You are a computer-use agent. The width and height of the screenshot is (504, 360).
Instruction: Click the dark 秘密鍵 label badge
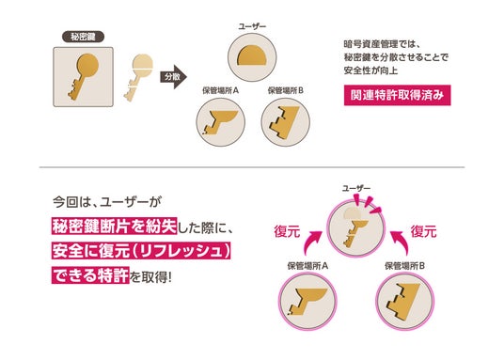point(84,37)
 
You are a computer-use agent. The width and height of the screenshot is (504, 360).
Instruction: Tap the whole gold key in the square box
point(83,76)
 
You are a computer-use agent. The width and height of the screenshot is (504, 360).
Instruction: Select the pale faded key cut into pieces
point(138,77)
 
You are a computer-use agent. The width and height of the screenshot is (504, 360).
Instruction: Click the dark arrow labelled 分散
point(174,77)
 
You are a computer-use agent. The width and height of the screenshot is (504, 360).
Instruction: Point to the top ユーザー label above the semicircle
point(252,26)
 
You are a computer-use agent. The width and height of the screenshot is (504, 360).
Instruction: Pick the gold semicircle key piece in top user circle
point(252,55)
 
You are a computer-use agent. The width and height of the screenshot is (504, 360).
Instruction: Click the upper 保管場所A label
point(220,90)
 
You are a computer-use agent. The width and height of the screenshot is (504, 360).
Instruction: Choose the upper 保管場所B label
point(286,90)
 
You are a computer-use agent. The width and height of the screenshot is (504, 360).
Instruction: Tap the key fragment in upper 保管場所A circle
point(220,121)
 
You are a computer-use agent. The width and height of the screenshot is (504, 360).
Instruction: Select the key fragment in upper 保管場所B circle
point(284,121)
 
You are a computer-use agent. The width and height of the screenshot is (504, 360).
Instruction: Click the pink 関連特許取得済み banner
point(398,95)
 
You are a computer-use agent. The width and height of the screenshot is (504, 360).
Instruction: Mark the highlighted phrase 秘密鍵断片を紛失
point(115,227)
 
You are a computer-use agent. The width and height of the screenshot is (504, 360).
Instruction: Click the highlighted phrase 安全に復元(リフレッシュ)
point(141,251)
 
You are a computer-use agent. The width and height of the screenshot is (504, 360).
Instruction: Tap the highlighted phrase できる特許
point(90,275)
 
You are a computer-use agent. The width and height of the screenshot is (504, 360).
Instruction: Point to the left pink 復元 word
point(287,231)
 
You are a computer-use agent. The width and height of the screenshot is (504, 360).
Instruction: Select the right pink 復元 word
point(424,231)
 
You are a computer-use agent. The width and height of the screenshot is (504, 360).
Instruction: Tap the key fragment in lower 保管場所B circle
point(403,300)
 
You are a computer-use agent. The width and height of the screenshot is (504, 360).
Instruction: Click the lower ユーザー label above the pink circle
point(356,188)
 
